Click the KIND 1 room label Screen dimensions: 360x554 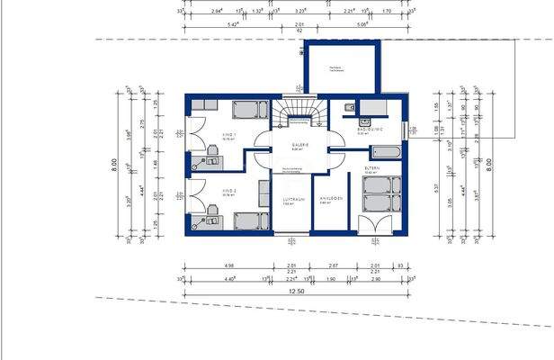[229, 136]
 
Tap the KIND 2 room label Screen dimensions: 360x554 [229, 191]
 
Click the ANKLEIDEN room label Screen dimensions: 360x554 [327, 199]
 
